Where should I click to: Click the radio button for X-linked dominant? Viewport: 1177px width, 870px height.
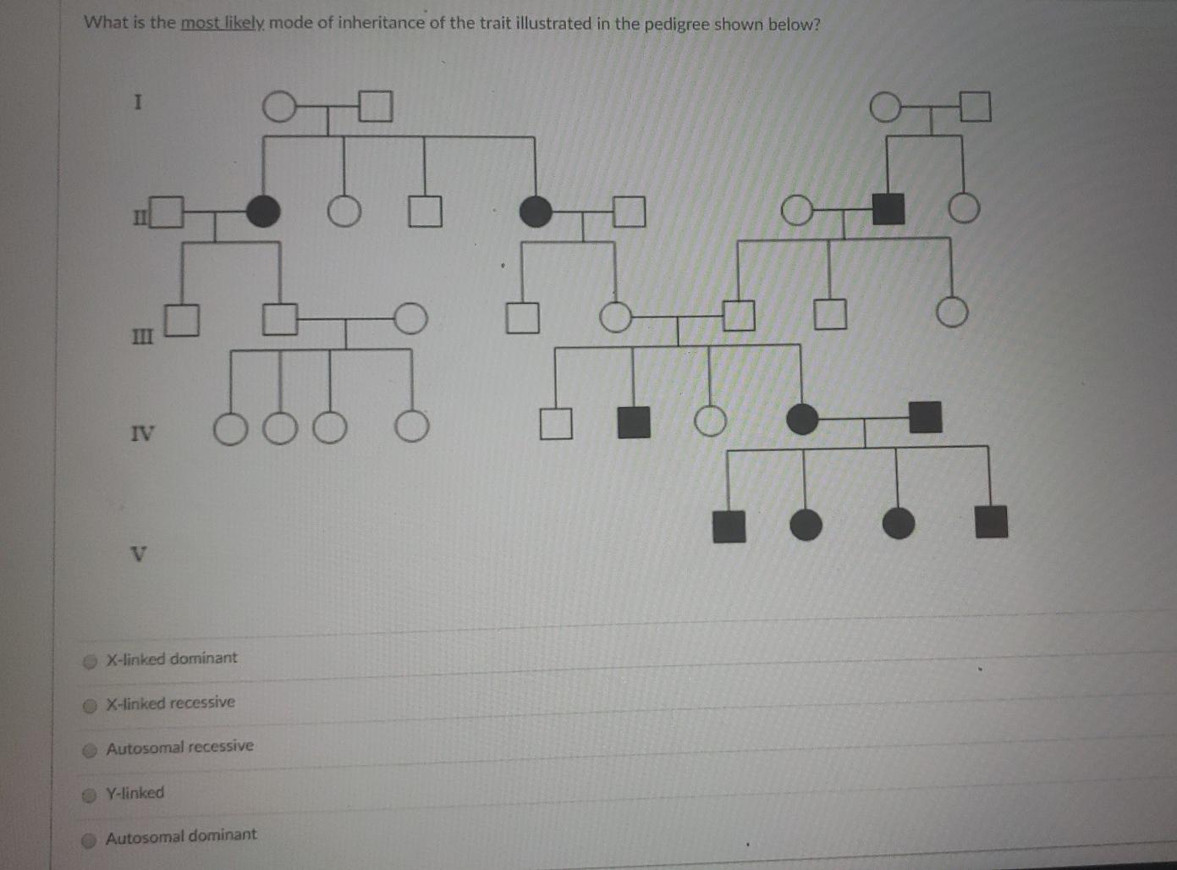tap(90, 662)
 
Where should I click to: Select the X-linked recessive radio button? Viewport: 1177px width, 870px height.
tap(90, 706)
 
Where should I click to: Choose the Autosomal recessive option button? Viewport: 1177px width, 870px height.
tap(90, 751)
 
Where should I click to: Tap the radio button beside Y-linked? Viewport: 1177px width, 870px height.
tap(90, 796)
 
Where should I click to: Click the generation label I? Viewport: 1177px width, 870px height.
tap(138, 102)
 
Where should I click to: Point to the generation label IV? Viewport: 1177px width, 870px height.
tap(142, 434)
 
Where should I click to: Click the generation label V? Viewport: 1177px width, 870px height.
tap(140, 555)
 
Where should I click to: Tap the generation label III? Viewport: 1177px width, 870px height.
tap(142, 336)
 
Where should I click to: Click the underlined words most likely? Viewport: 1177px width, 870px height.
tap(223, 23)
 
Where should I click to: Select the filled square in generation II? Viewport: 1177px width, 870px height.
tap(888, 208)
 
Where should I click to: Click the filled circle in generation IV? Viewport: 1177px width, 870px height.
tap(802, 419)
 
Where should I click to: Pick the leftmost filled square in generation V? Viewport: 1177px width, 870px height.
tap(729, 526)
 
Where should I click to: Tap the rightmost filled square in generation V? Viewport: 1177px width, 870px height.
tap(991, 522)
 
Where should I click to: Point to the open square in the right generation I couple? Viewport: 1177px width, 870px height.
tap(975, 107)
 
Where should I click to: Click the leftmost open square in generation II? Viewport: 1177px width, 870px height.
tap(168, 212)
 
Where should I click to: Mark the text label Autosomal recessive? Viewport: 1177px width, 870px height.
tap(179, 747)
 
